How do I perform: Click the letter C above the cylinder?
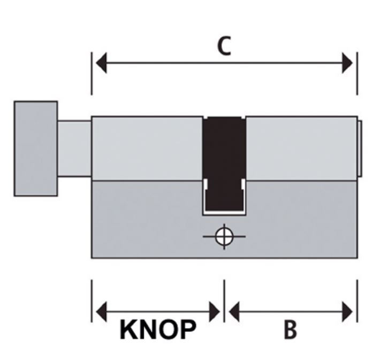point(224,47)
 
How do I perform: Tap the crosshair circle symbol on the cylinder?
point(224,236)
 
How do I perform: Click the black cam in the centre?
point(224,161)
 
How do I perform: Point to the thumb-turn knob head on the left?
point(35,148)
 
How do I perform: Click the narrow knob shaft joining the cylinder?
point(74,148)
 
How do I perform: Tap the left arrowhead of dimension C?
point(101,64)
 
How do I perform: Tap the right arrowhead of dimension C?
point(347,64)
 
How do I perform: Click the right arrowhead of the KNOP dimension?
point(214,311)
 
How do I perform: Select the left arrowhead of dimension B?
point(234,311)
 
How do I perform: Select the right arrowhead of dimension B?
point(347,311)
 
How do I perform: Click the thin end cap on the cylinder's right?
point(360,148)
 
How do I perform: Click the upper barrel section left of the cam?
point(147,148)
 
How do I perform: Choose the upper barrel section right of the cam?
point(301,148)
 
